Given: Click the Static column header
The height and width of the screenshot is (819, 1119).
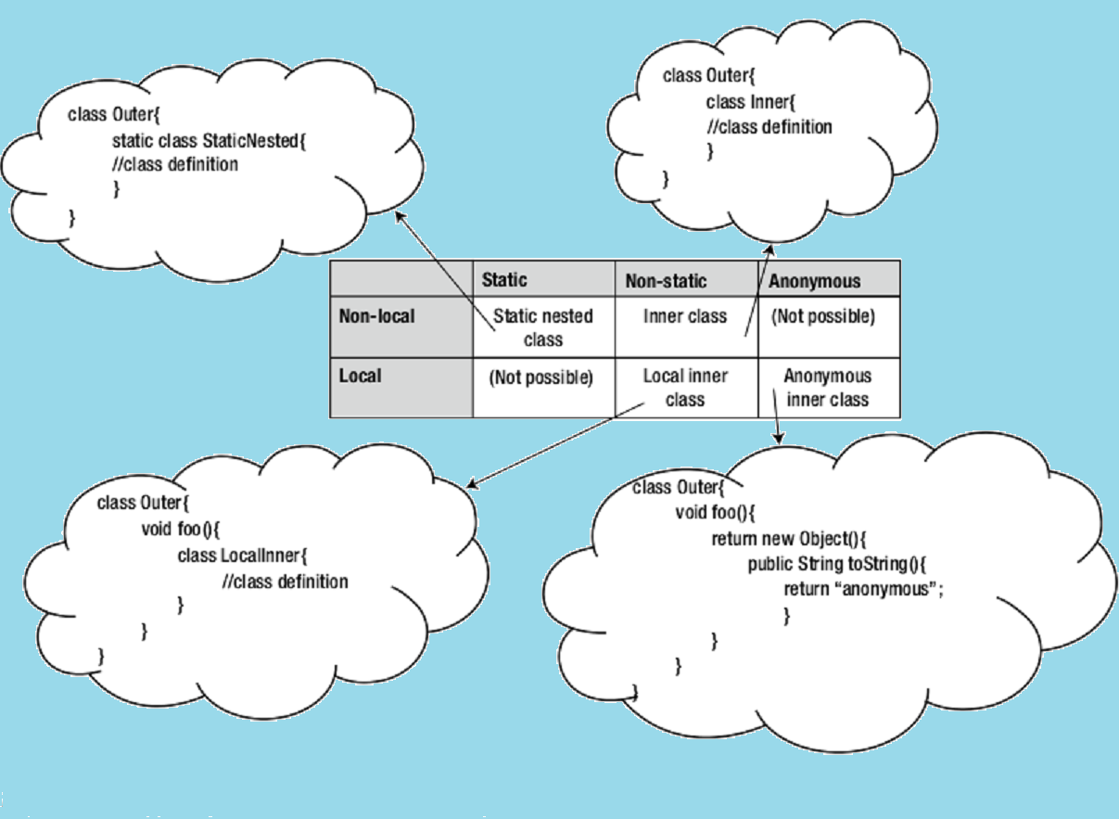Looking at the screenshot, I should click(x=504, y=280).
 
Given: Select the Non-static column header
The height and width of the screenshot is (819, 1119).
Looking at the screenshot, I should click(x=666, y=280).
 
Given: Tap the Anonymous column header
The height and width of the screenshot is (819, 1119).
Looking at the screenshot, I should click(x=815, y=280).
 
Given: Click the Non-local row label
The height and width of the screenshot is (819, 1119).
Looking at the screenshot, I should click(x=376, y=316).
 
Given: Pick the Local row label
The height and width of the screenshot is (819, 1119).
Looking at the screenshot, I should click(x=361, y=377).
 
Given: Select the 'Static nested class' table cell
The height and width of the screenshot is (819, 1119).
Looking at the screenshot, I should click(x=542, y=327).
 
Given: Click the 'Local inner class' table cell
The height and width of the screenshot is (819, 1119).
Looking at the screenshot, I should click(x=685, y=388).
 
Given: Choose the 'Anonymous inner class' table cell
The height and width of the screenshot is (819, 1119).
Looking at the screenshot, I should click(x=827, y=388).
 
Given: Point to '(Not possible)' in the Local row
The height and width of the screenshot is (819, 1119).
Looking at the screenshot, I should click(x=540, y=378).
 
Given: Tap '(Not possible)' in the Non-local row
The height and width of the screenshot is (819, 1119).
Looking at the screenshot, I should click(x=823, y=316).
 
